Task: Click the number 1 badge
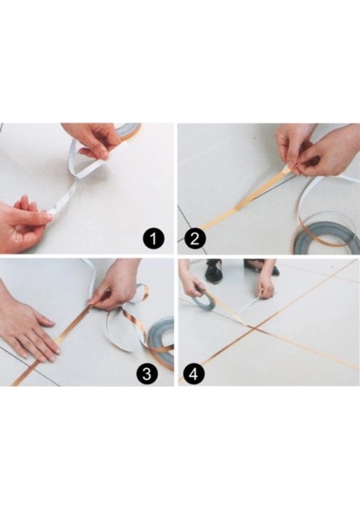point(154,238)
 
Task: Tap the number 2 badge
point(194,238)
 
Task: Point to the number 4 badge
point(194,372)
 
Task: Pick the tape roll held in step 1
point(127,131)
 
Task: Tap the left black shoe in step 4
point(213,271)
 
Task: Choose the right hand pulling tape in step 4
point(267,284)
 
